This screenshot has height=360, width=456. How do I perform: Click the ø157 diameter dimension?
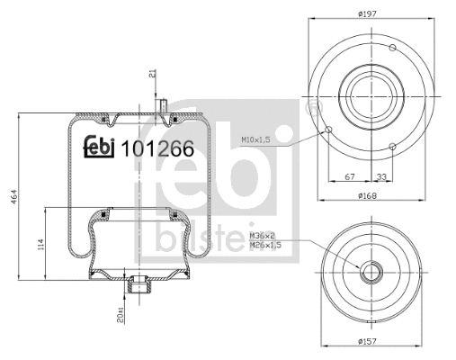(366, 341)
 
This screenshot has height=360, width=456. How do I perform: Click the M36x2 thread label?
(262, 236)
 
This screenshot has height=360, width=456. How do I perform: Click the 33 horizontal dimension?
(381, 177)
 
